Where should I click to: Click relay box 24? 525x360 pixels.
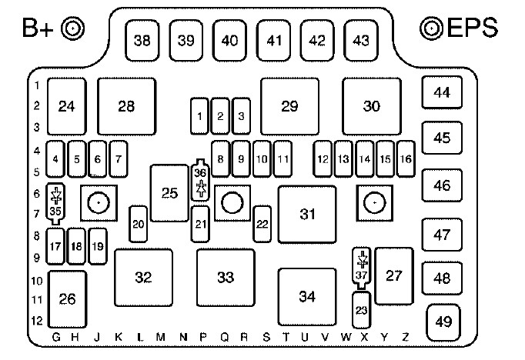[66, 106]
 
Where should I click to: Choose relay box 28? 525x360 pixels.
[126, 106]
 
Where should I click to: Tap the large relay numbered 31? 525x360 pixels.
[308, 214]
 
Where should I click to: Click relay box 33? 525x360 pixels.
[225, 277]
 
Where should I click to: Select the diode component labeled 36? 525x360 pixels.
[201, 181]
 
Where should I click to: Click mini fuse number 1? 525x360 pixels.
[200, 116]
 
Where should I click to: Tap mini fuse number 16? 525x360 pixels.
[406, 158]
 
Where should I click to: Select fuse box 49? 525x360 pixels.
[443, 322]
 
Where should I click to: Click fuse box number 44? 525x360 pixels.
[441, 94]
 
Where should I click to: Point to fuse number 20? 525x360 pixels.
[139, 224]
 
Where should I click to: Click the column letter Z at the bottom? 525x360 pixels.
[406, 337]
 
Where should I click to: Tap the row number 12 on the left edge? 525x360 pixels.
[35, 320]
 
